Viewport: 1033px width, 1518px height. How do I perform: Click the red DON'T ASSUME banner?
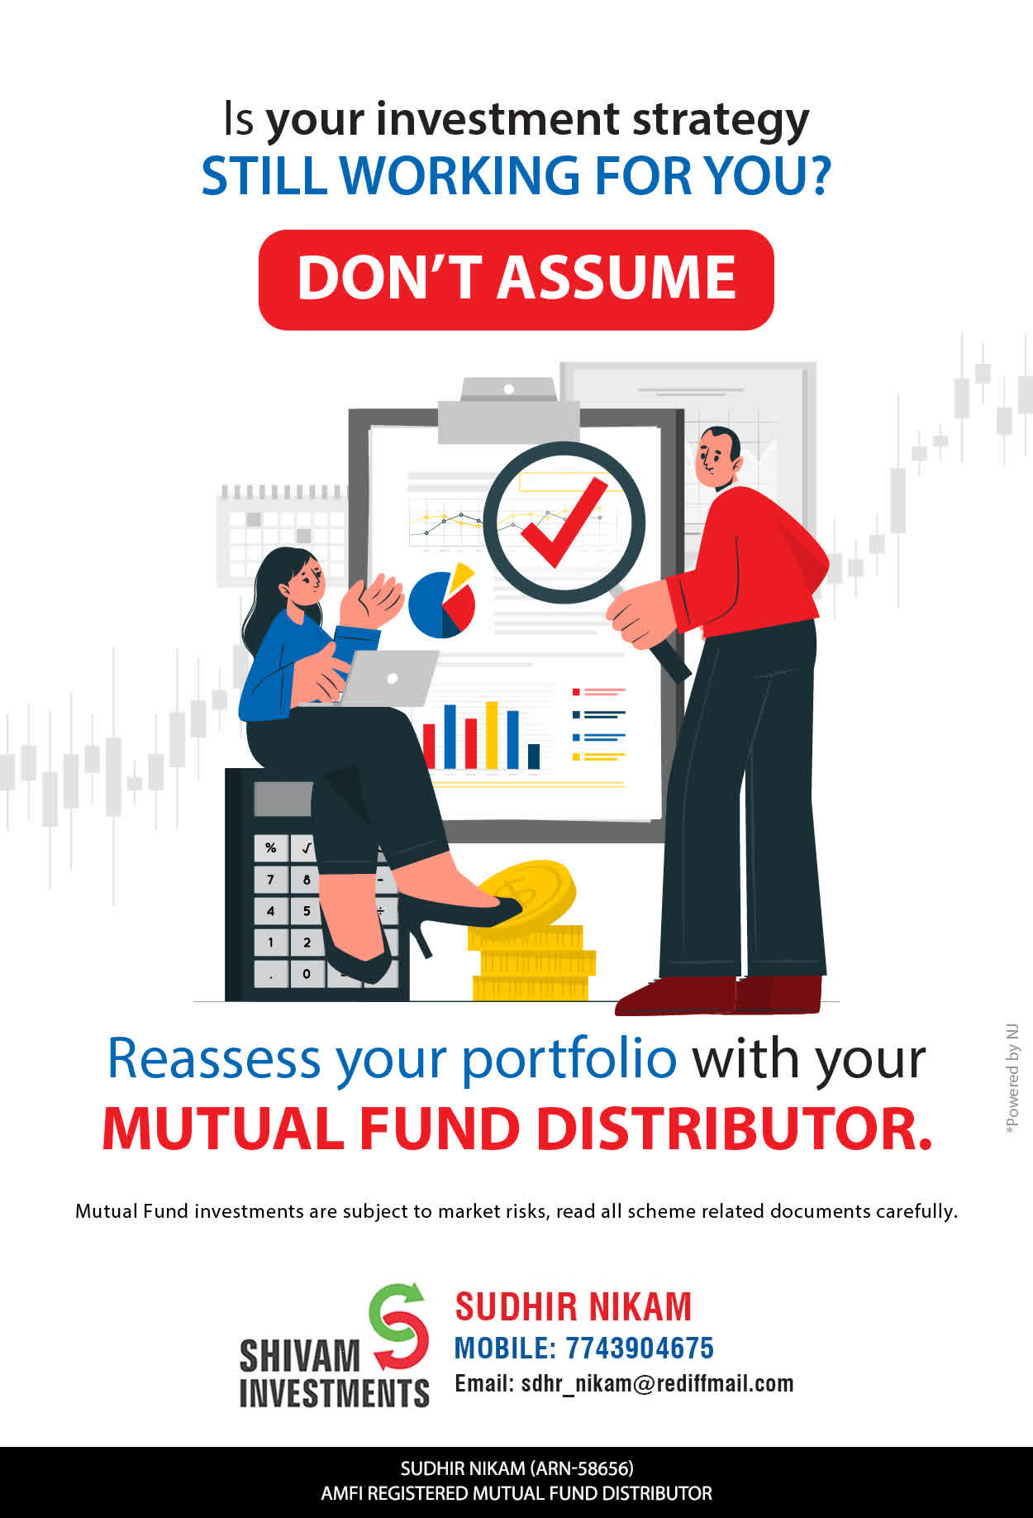click(x=516, y=279)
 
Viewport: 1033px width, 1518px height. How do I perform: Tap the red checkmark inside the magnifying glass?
click(x=564, y=523)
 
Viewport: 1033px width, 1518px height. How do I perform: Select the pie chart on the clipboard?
click(x=442, y=601)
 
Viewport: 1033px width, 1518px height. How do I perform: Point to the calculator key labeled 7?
click(x=270, y=879)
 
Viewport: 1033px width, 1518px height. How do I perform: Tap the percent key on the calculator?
click(x=270, y=847)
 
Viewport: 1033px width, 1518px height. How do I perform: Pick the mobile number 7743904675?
click(x=640, y=1349)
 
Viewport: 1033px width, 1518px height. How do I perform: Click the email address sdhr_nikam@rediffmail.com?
click(x=657, y=1383)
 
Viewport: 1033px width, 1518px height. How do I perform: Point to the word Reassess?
click(x=214, y=1057)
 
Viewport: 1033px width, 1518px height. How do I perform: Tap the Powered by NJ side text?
click(x=1012, y=1079)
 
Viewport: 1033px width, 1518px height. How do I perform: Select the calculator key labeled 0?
click(x=307, y=973)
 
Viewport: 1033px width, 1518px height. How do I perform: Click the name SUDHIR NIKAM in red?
click(x=574, y=1307)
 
